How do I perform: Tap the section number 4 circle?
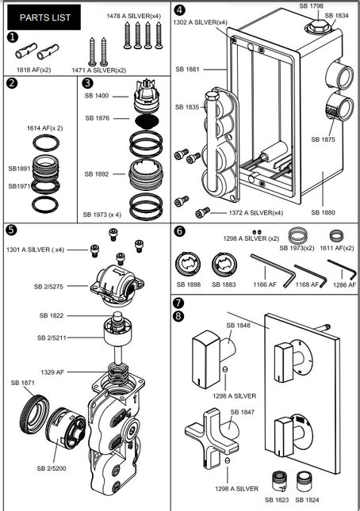click(x=179, y=10)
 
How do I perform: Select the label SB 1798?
click(x=312, y=6)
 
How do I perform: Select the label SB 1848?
click(x=239, y=325)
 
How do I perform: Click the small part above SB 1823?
click(x=280, y=482)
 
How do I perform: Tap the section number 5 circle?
click(x=11, y=231)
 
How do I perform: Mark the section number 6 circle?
click(x=179, y=231)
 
